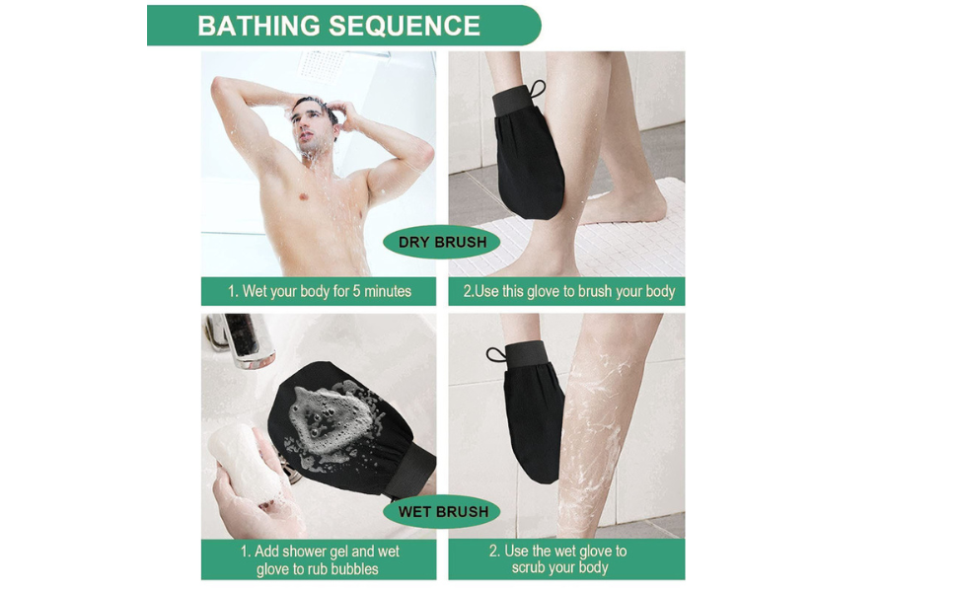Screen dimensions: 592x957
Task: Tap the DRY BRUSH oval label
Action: click(441, 242)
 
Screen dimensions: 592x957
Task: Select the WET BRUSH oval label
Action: click(442, 511)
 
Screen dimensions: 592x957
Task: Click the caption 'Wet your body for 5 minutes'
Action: click(319, 291)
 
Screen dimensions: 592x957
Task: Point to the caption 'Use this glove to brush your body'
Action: click(568, 291)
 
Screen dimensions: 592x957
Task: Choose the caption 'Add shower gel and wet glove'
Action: click(319, 559)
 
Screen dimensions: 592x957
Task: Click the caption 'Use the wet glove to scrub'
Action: click(558, 558)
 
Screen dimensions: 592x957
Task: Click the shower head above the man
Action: click(322, 65)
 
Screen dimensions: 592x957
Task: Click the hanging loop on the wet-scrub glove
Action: click(495, 354)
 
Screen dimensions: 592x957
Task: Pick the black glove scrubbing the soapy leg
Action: click(533, 419)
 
